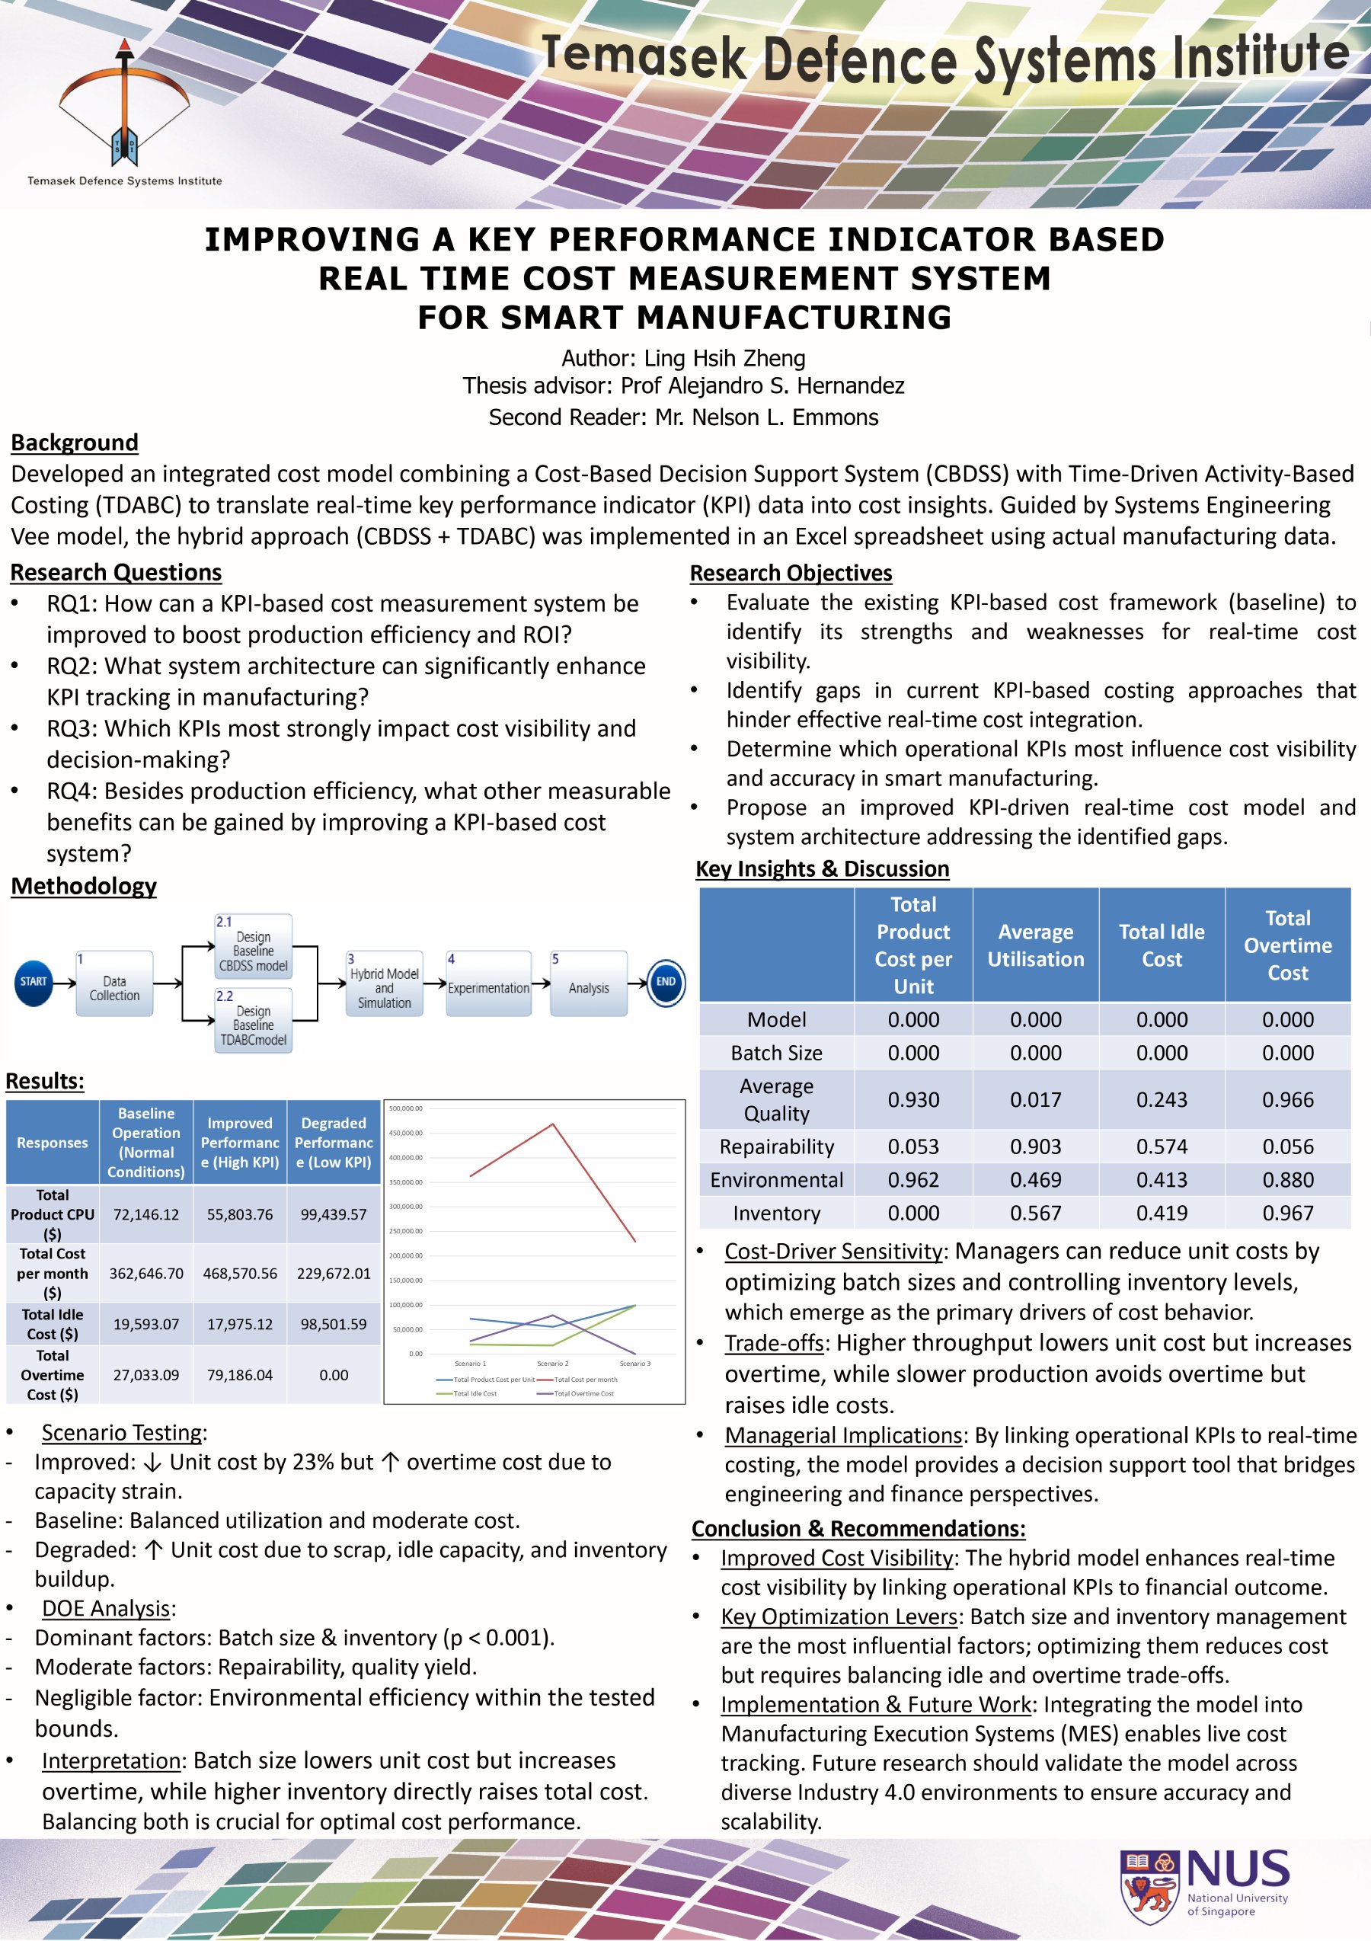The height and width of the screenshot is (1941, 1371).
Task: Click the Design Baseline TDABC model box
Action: (x=254, y=1022)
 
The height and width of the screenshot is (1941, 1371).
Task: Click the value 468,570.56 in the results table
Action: (x=240, y=1273)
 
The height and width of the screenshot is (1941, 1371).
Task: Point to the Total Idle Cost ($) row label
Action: (x=53, y=1324)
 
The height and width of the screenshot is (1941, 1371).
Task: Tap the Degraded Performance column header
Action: (x=334, y=1142)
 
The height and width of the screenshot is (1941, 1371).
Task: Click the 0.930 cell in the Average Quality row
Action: (x=913, y=1100)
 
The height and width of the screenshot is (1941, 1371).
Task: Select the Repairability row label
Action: (x=777, y=1146)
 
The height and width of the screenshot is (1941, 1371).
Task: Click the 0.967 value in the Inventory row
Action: (x=1287, y=1213)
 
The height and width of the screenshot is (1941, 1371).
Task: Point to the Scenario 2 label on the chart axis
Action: (x=553, y=1364)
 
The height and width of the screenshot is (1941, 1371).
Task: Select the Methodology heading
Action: (x=84, y=886)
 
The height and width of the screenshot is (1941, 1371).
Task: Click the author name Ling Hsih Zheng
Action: (x=724, y=359)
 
